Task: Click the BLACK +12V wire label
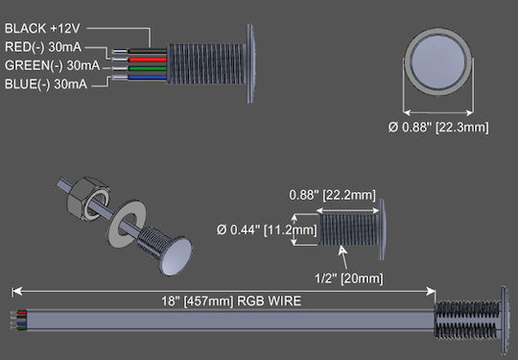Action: click(x=42, y=29)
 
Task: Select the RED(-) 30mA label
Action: click(x=43, y=47)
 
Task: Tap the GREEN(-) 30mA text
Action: click(x=52, y=65)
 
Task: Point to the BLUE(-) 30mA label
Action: click(x=46, y=84)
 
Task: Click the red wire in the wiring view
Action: click(x=148, y=60)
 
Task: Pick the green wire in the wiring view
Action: click(x=148, y=68)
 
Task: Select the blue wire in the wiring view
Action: click(x=148, y=78)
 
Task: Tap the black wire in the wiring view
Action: click(x=148, y=51)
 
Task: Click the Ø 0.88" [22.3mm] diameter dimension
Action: click(x=438, y=128)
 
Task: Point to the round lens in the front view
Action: click(x=438, y=62)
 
